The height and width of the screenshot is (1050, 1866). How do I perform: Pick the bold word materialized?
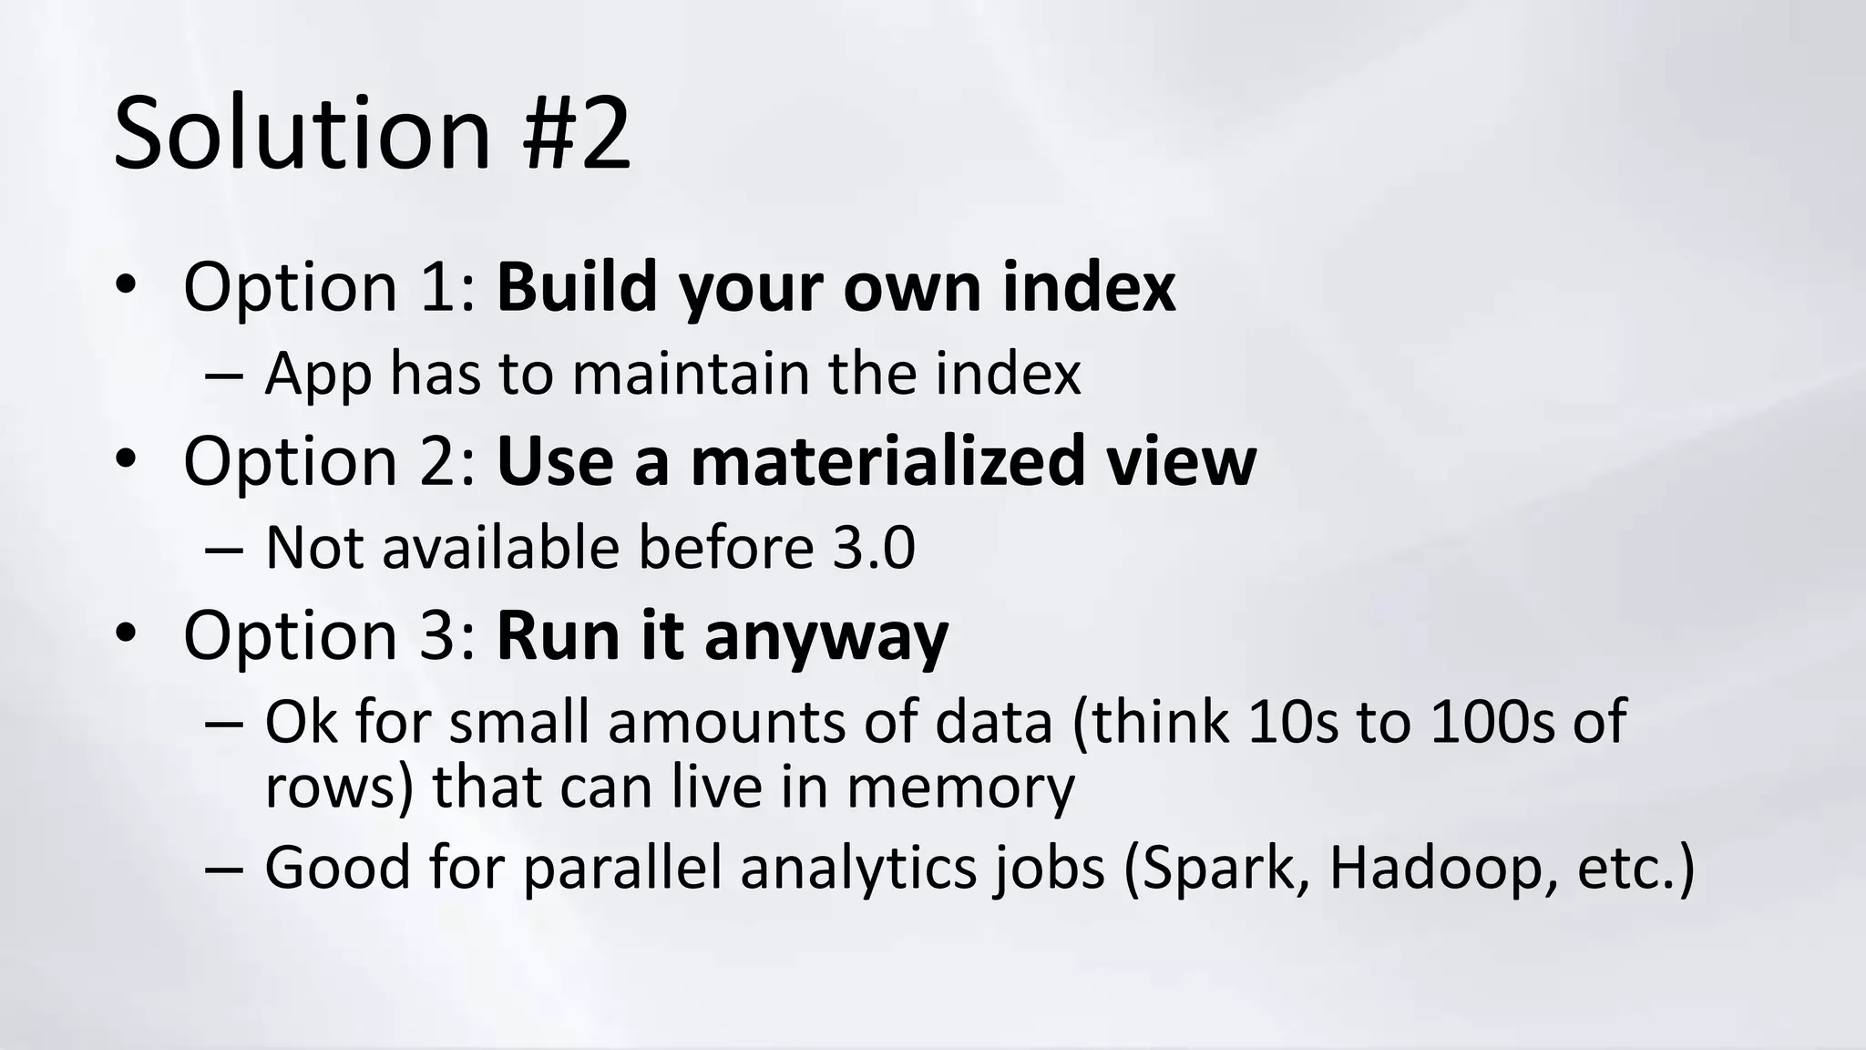click(x=887, y=461)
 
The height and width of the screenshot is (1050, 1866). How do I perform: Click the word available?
click(x=500, y=548)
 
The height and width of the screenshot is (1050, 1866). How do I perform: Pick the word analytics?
click(x=857, y=868)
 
